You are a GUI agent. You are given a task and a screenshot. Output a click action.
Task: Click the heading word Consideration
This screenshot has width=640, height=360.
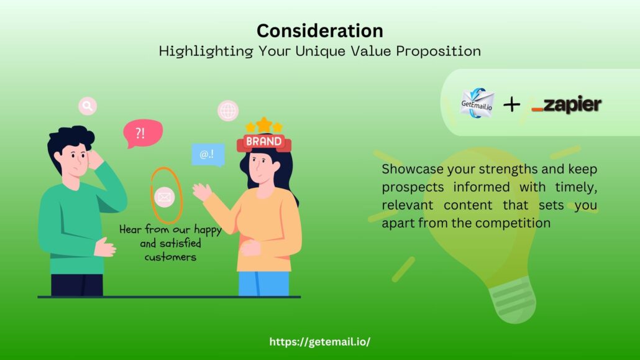point(319,30)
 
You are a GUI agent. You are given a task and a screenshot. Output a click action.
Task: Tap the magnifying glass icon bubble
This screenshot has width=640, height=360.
point(88,106)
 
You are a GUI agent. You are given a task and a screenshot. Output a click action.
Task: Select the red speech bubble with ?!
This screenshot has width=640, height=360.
point(142,132)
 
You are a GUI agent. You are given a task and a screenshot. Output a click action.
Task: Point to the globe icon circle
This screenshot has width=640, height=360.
point(228,110)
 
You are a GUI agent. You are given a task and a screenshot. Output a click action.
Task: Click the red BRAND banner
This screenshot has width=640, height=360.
point(263,142)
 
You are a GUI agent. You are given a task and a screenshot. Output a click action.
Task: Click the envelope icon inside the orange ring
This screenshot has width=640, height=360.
point(165,197)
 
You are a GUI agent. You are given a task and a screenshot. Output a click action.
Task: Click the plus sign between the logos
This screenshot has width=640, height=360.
point(511,104)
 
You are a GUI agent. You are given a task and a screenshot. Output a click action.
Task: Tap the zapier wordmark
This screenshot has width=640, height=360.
point(567,105)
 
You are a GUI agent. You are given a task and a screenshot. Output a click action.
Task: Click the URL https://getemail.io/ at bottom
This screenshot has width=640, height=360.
point(319,341)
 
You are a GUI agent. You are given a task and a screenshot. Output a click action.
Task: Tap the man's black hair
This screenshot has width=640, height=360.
point(70,141)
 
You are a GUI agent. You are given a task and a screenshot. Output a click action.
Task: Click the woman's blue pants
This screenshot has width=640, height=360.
point(263,283)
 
